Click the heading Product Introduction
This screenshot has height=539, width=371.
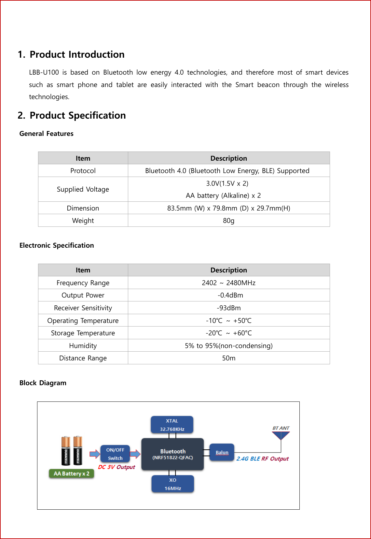click(x=77, y=54)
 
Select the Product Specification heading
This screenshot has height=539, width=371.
click(x=77, y=115)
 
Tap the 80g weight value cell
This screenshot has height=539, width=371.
click(x=228, y=221)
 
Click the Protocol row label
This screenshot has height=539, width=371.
click(x=83, y=171)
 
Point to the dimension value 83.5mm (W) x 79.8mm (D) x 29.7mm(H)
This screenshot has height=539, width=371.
click(x=228, y=208)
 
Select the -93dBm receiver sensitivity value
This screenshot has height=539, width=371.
click(x=228, y=308)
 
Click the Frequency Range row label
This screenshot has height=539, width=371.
click(x=83, y=283)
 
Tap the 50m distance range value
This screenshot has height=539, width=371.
click(x=228, y=358)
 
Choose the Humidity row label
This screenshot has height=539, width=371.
click(x=83, y=346)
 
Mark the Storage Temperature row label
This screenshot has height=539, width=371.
click(x=83, y=333)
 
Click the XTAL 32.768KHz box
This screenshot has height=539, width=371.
click(x=172, y=425)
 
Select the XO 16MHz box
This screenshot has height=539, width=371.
click(x=172, y=484)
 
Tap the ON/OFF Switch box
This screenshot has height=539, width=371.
click(x=115, y=454)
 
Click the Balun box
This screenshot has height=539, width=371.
click(x=222, y=452)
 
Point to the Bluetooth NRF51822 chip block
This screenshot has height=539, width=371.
click(x=172, y=454)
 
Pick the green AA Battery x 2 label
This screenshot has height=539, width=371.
click(x=72, y=473)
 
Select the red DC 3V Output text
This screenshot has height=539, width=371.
click(x=117, y=467)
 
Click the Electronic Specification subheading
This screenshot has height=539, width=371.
click(x=57, y=245)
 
